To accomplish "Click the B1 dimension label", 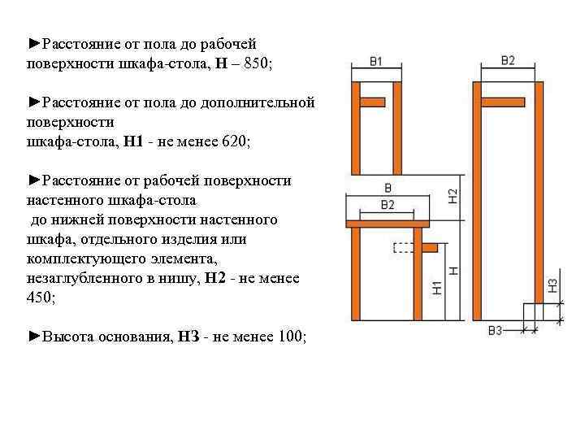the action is click(x=375, y=62).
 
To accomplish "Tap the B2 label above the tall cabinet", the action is click(x=508, y=61).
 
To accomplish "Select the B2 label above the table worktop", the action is click(x=387, y=204).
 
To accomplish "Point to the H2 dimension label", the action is click(x=453, y=196).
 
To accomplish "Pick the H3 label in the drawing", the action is click(x=552, y=285).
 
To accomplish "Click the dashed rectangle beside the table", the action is click(x=403, y=247).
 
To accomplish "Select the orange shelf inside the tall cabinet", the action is click(x=505, y=102).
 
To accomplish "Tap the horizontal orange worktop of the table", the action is click(x=387, y=223).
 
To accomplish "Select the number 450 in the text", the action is click(x=40, y=298).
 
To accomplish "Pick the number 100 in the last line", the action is click(x=289, y=337).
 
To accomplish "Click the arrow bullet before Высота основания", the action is click(x=33, y=337).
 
